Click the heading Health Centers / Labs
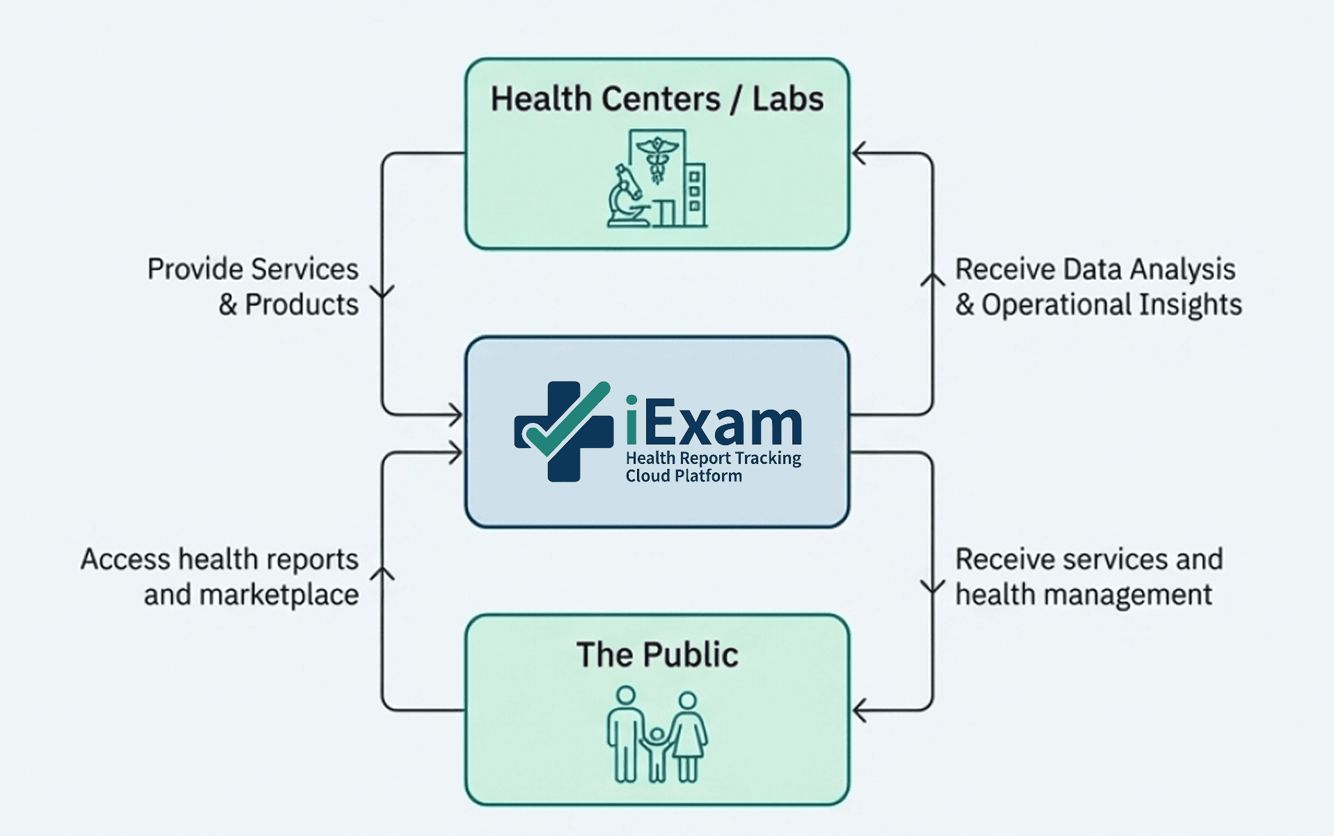click(x=657, y=99)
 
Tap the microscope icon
click(x=626, y=196)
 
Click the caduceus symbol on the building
click(x=657, y=160)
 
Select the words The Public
click(x=657, y=655)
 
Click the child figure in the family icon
click(x=656, y=752)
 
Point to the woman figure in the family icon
click(x=688, y=735)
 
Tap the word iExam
click(x=714, y=421)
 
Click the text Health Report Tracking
click(x=713, y=458)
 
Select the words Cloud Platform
click(x=684, y=476)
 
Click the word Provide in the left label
click(x=195, y=269)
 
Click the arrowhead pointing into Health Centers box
click(x=859, y=153)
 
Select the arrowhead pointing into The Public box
click(x=859, y=711)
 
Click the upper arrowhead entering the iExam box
click(x=456, y=416)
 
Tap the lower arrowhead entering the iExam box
click(x=456, y=454)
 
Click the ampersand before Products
click(x=228, y=304)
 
